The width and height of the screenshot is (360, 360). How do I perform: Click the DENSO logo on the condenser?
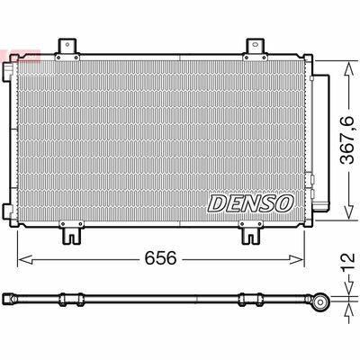[x=250, y=203]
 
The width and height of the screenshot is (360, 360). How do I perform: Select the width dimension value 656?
[x=160, y=258]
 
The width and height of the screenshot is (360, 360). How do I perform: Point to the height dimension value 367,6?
[x=347, y=140]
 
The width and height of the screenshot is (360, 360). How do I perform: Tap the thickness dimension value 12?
[x=348, y=263]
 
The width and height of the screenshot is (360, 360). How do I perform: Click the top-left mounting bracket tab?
[x=67, y=47]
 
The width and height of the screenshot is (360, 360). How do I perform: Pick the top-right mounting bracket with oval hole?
[x=255, y=47]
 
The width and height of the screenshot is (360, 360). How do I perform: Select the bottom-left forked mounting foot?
[x=71, y=235]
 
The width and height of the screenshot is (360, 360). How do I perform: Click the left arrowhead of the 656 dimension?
[x=25, y=259]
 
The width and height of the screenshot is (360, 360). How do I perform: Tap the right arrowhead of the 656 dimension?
[x=297, y=259]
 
